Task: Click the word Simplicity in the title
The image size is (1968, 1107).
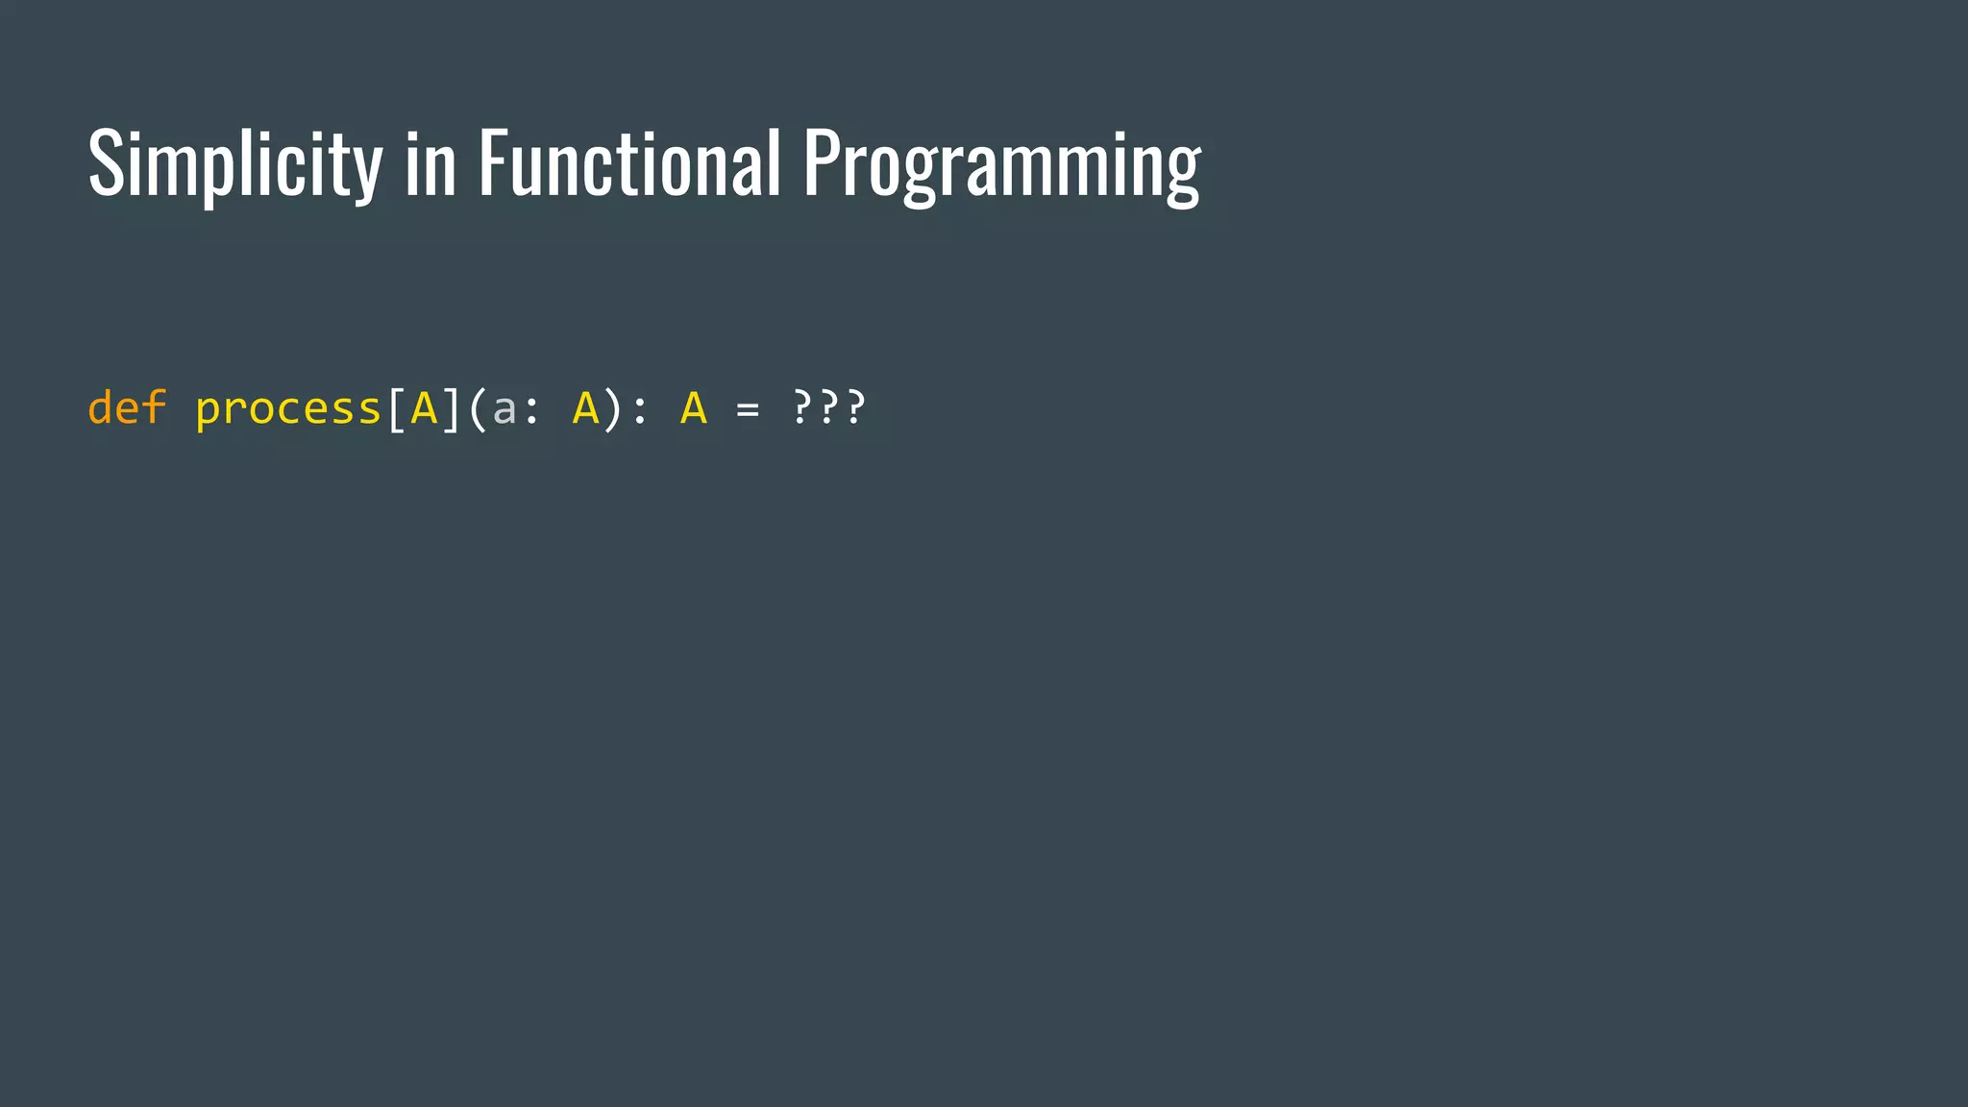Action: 234,164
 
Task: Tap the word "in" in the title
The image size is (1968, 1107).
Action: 430,164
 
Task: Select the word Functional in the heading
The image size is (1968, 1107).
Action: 629,164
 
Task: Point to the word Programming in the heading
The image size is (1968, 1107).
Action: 1001,164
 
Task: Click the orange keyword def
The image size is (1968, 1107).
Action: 127,407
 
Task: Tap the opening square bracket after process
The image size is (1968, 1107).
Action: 395,408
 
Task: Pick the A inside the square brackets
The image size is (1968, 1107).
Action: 424,407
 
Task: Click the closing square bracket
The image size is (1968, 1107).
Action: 451,408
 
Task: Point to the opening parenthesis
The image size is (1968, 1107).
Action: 477,408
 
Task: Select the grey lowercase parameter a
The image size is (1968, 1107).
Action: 504,410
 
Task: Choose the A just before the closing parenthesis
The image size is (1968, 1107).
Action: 585,407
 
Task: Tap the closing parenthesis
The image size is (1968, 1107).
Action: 612,408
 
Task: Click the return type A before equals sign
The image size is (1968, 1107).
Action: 693,407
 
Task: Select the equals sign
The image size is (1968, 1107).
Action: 747,410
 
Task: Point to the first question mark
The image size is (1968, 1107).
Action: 801,406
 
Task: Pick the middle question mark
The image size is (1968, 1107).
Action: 828,406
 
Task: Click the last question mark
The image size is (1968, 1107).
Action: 855,406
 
